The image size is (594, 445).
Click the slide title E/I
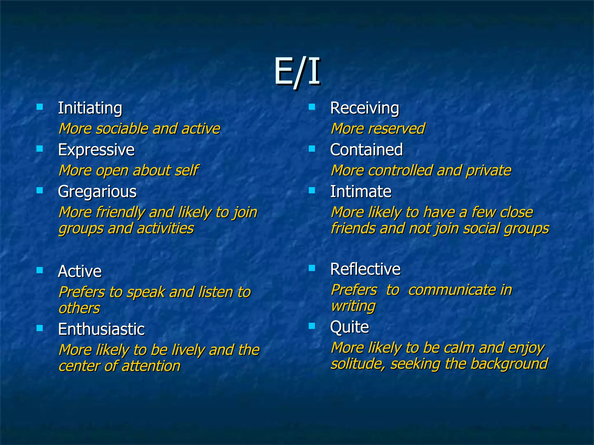(297, 71)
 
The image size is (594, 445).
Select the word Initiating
(90, 108)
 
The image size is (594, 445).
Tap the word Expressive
(96, 150)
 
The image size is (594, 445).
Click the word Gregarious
(97, 192)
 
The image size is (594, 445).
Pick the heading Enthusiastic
(101, 329)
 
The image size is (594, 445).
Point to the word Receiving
(364, 108)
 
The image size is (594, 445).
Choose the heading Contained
(366, 150)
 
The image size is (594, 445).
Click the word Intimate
(361, 192)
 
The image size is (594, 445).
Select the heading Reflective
(365, 269)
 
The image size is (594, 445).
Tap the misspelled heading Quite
(349, 327)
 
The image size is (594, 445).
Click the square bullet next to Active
(40, 270)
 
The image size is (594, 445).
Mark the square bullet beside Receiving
(312, 107)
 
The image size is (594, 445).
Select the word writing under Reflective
(353, 306)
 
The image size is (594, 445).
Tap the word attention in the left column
(151, 366)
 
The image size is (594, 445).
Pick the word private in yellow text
(488, 171)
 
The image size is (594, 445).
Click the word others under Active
(79, 308)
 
